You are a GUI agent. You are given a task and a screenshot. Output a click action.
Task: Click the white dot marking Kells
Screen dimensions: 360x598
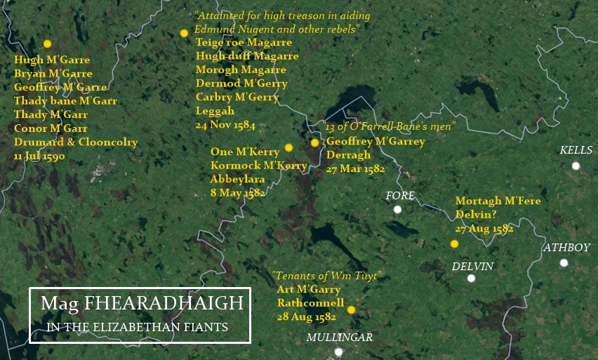(x=576, y=166)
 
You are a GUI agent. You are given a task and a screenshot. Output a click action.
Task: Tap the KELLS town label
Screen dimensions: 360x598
(x=576, y=150)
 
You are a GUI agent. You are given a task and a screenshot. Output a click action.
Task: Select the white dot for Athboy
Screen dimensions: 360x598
(x=564, y=263)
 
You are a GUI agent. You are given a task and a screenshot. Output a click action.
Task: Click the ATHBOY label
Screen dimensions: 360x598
(x=566, y=247)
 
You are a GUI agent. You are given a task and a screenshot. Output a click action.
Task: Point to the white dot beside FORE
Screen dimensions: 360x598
(x=398, y=209)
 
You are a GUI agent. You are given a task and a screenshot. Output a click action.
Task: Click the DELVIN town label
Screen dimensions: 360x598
(x=472, y=266)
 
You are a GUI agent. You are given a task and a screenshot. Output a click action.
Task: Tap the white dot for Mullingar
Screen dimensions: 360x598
(x=338, y=352)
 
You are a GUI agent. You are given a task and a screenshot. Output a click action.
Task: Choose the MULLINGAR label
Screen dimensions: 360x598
(x=339, y=338)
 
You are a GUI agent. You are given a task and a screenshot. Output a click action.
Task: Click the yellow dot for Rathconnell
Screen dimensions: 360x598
(x=351, y=309)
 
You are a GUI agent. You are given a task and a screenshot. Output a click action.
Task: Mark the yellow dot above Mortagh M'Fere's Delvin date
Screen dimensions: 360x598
(x=454, y=244)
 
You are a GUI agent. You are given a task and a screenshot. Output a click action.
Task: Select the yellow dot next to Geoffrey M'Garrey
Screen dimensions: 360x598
(x=314, y=142)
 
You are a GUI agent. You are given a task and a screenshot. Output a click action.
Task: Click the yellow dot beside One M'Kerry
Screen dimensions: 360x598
(x=288, y=148)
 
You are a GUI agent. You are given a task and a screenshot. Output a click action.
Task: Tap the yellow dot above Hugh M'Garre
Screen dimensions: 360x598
(x=47, y=44)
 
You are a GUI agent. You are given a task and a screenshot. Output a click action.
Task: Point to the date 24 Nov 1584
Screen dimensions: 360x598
(x=225, y=124)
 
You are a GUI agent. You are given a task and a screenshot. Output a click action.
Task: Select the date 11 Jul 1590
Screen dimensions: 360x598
(x=39, y=156)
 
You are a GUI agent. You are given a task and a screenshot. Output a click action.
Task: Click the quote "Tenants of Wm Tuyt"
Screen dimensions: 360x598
(x=326, y=275)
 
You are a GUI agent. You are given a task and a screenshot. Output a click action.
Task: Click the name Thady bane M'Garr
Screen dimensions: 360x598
(x=65, y=101)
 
